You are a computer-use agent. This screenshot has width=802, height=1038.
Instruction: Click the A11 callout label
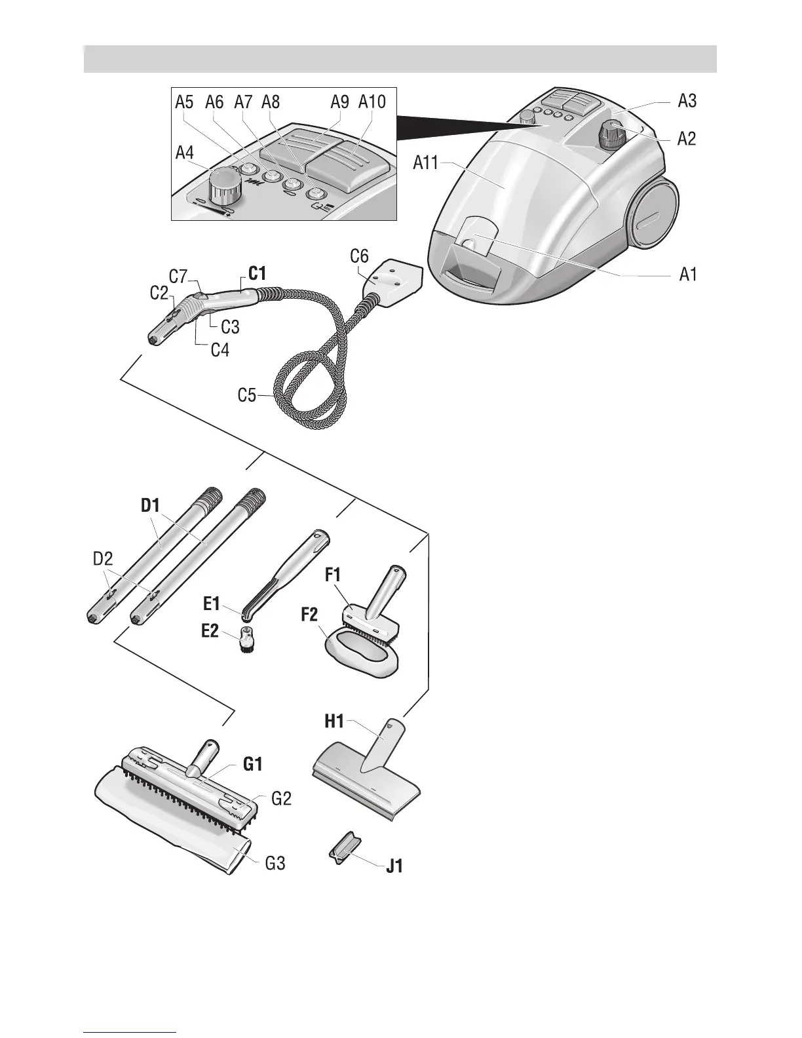tap(427, 162)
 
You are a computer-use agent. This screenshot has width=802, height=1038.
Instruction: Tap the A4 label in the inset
tap(185, 153)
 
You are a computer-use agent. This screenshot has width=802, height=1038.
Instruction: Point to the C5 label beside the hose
tap(247, 396)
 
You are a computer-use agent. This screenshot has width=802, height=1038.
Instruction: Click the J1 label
tap(394, 866)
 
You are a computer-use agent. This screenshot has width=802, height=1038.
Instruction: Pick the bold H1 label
tap(334, 722)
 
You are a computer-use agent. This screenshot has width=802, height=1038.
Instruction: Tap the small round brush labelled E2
tap(248, 639)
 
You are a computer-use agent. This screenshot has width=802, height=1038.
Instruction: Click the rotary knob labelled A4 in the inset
tap(224, 183)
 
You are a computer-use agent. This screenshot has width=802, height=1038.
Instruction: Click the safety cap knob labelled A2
tap(613, 135)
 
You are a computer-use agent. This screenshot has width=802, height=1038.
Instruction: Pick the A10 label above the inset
tap(372, 102)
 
